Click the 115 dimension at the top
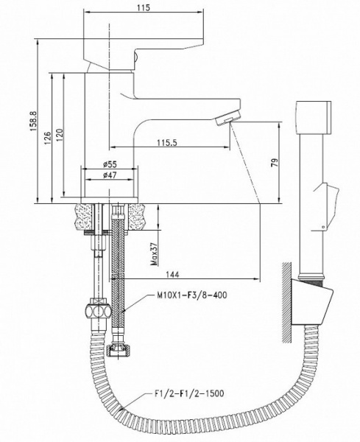point(144,7)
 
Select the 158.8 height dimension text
point(33,122)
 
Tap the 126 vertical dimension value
point(47,138)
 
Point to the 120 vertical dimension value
point(59,135)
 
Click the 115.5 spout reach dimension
point(167,143)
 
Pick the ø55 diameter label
point(110,164)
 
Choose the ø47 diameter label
point(110,175)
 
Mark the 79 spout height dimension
point(275,163)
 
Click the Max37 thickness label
point(154,255)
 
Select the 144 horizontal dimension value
point(172,274)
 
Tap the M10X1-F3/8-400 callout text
point(192,295)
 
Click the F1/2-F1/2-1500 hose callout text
point(189,393)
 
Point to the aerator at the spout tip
point(227,118)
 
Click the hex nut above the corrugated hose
point(98,312)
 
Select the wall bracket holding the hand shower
point(311,301)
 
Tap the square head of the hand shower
point(314,117)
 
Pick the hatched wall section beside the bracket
point(287,302)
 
